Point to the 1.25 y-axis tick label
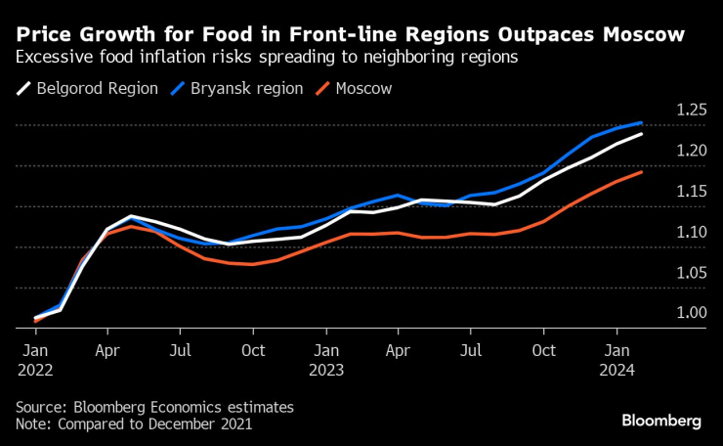coord(692,111)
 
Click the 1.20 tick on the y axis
coord(692,151)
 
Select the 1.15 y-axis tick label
coord(692,192)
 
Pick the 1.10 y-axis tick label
coord(692,232)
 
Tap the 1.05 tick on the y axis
coord(692,273)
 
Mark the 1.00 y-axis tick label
coord(692,313)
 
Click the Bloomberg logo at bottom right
coord(661,421)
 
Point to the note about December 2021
coord(134,424)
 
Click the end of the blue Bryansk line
coord(641,123)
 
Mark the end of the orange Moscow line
coord(641,172)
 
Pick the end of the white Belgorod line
coord(641,134)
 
